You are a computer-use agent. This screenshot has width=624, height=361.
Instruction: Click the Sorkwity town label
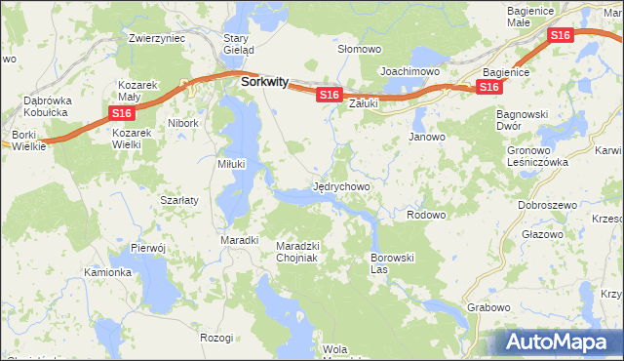[263, 83]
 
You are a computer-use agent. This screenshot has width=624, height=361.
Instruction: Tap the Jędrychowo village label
[340, 184]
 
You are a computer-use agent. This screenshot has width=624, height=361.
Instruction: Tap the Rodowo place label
[426, 215]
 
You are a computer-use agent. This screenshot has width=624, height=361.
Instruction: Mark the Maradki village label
[239, 239]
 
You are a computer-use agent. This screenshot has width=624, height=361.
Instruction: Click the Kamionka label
[107, 272]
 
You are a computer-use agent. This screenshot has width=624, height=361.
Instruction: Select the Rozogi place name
[216, 337]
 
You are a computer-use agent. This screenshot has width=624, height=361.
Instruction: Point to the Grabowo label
[488, 307]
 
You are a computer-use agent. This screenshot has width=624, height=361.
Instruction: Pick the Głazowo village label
[542, 234]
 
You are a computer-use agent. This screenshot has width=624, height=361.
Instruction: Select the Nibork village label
[182, 124]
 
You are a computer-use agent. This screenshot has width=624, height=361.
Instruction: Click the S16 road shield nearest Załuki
[329, 95]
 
